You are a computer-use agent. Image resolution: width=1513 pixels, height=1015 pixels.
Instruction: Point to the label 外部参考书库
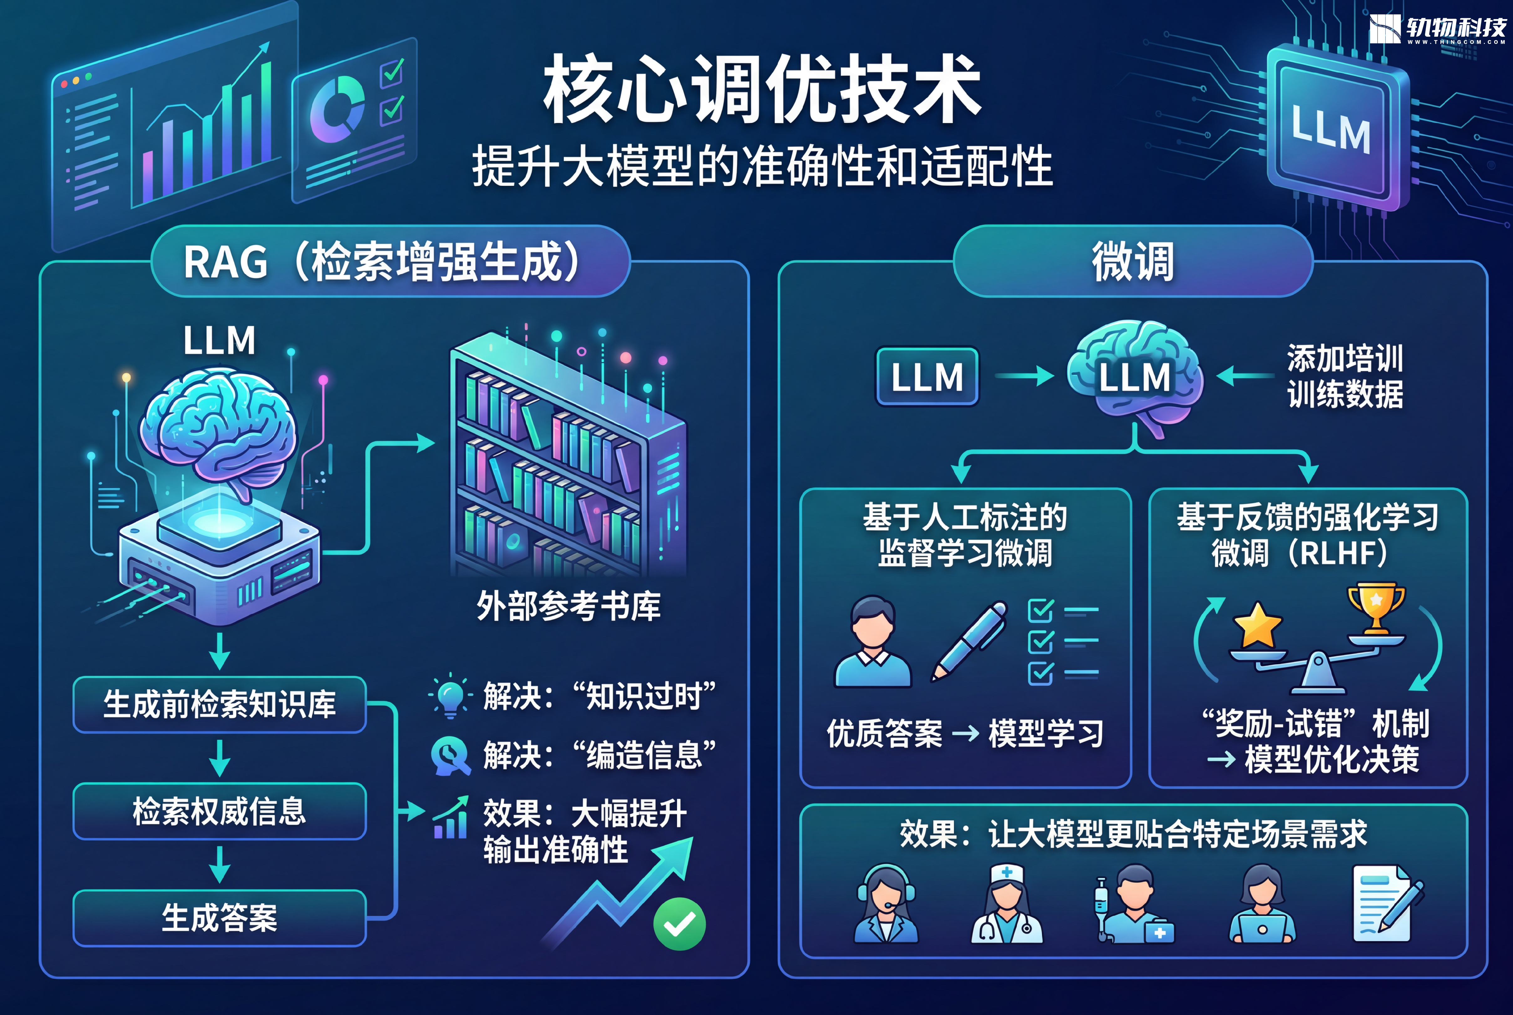(x=568, y=607)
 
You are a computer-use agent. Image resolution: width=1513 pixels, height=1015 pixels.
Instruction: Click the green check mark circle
(x=679, y=924)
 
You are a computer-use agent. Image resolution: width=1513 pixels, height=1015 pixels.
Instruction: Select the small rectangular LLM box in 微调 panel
(x=927, y=377)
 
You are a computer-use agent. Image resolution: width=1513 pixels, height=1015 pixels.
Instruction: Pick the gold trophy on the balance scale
(x=1376, y=609)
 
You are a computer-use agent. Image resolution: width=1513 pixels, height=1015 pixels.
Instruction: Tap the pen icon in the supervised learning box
(x=969, y=641)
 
